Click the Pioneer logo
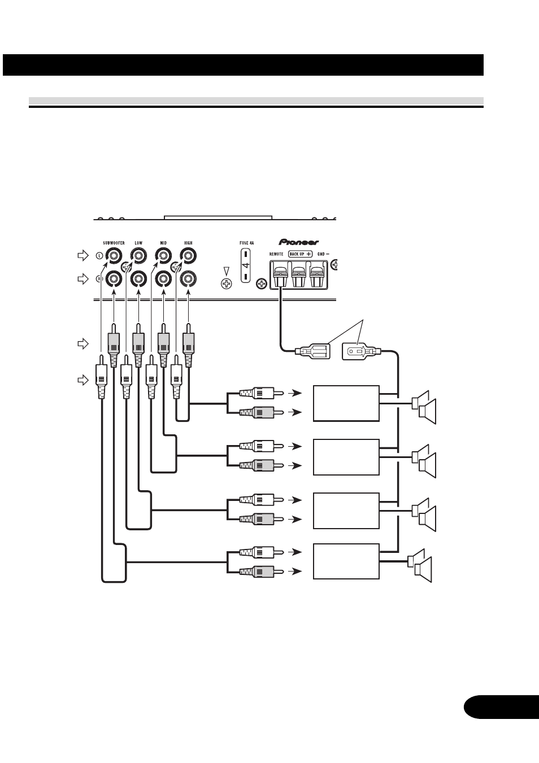click(x=298, y=242)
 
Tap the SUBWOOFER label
click(x=114, y=243)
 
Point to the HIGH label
click(x=188, y=243)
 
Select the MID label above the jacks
click(x=163, y=243)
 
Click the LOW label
click(x=138, y=243)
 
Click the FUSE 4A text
click(x=247, y=243)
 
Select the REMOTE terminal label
click(x=276, y=254)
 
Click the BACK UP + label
click(x=300, y=254)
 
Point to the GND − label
click(x=323, y=254)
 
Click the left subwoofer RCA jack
click(x=113, y=255)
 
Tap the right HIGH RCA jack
click(x=188, y=278)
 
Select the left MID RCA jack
click(x=163, y=255)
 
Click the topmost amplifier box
click(x=346, y=403)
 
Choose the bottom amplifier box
click(x=346, y=561)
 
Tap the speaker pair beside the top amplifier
click(x=424, y=407)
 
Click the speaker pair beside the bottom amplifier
click(x=419, y=566)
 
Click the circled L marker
click(x=99, y=255)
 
